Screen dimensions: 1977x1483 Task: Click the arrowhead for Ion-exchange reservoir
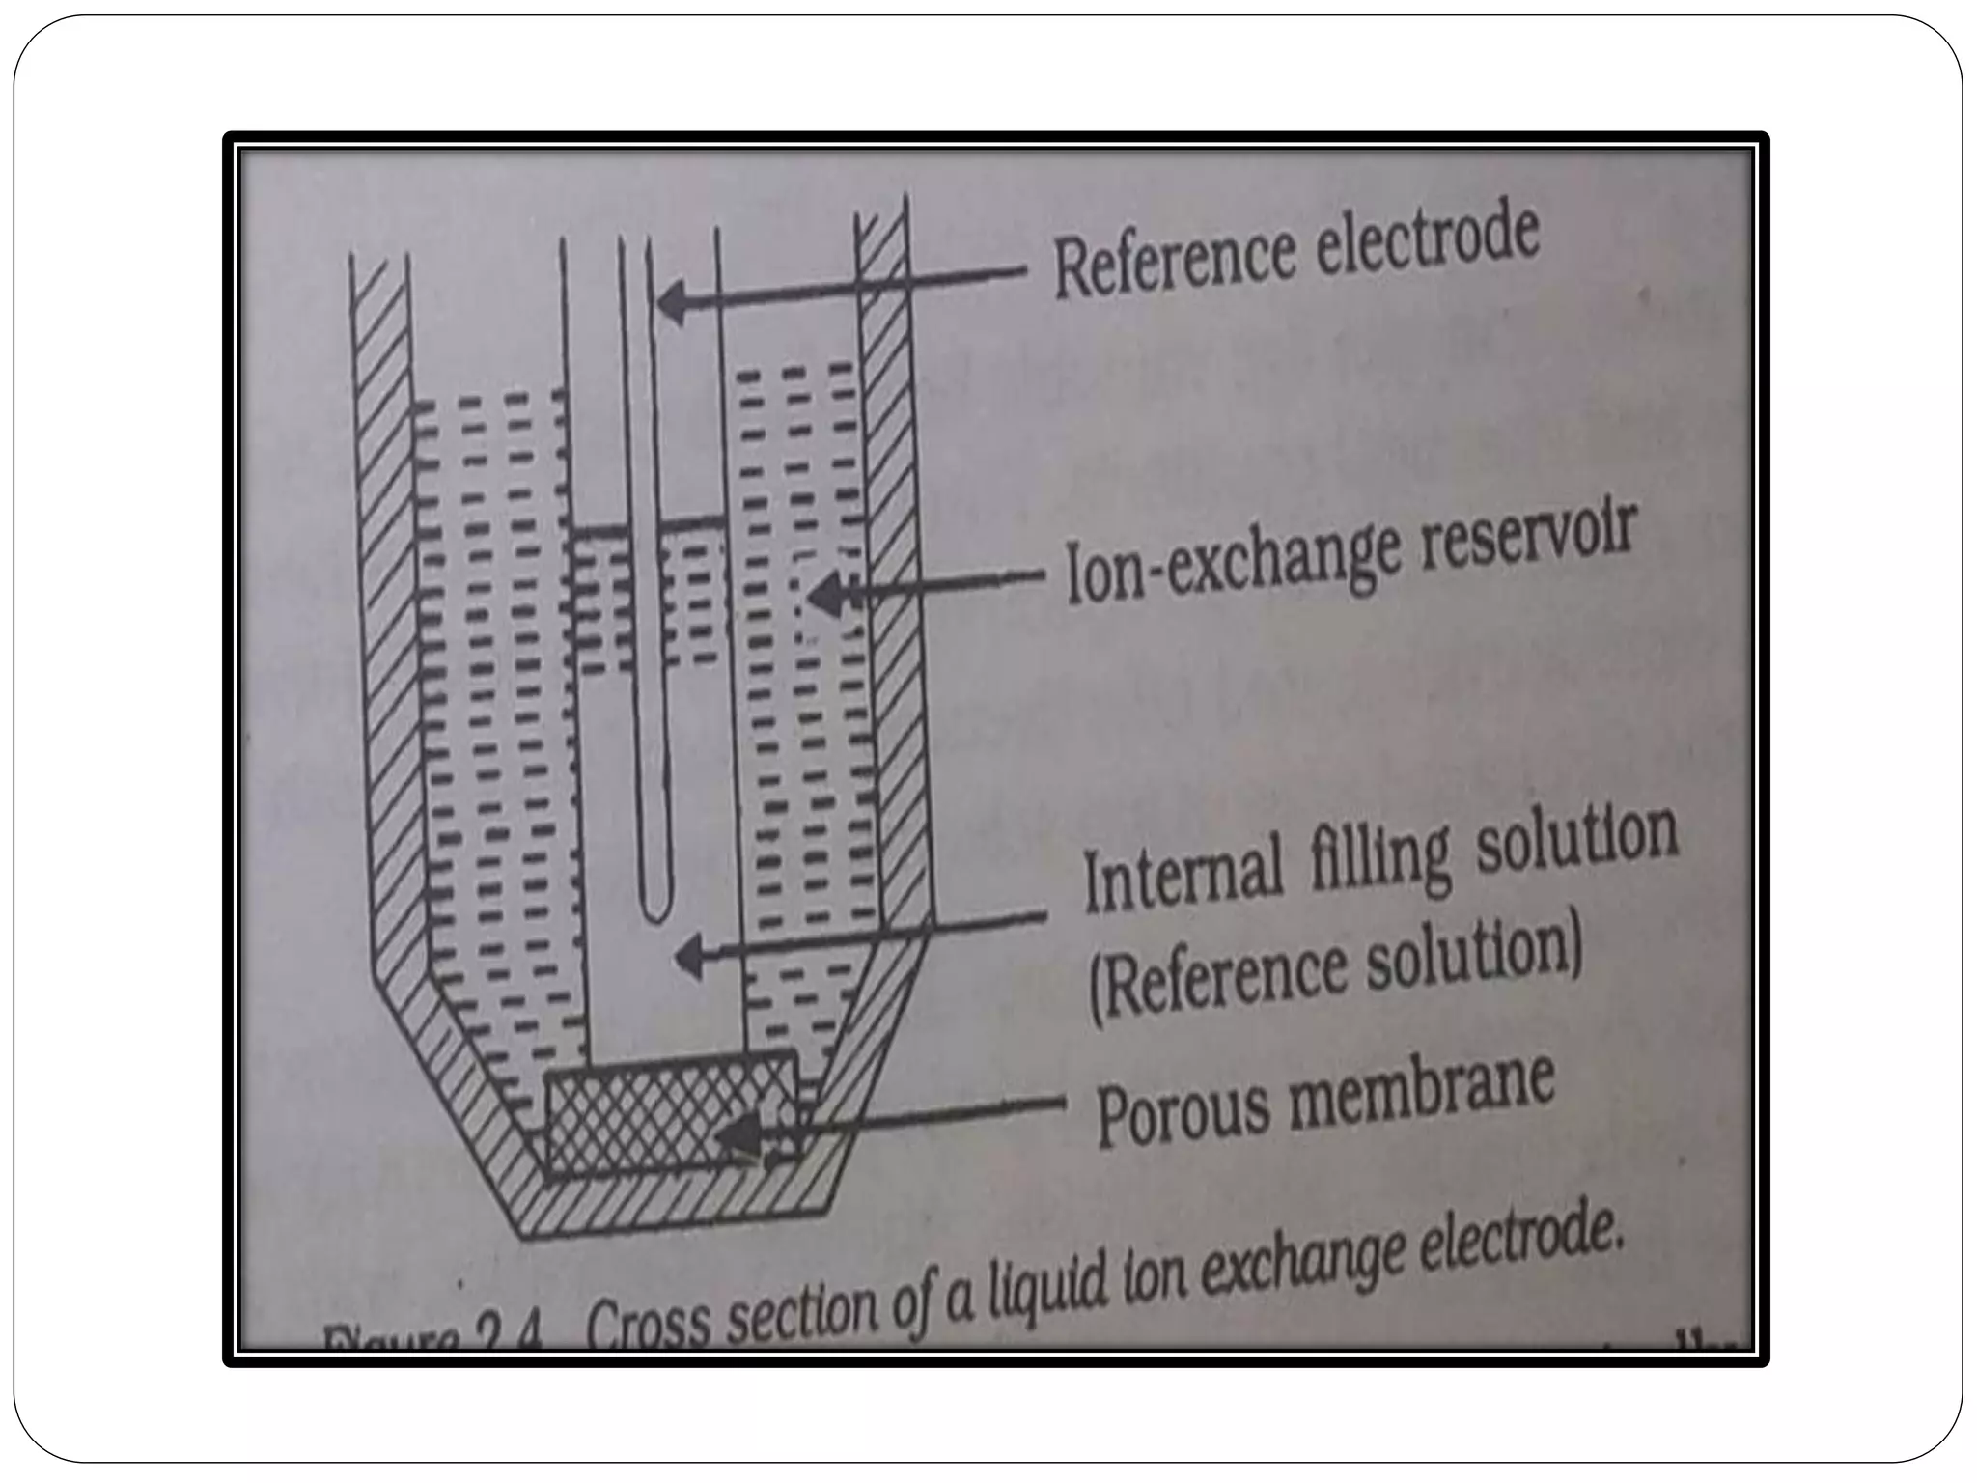click(826, 593)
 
